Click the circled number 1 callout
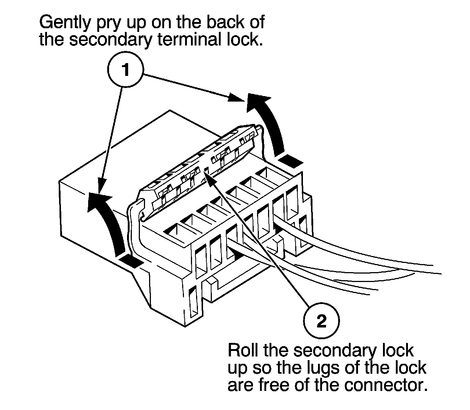[x=126, y=70]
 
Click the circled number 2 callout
[x=321, y=322]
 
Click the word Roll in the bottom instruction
[x=243, y=350]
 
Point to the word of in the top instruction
[x=256, y=23]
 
